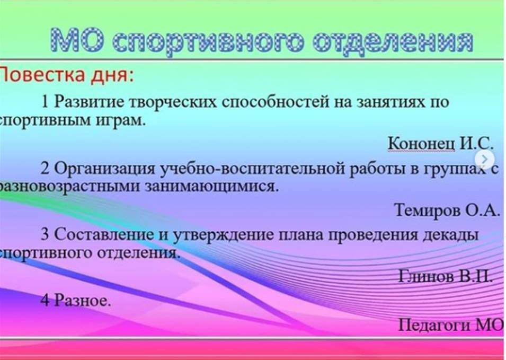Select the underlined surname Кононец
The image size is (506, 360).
[421, 143]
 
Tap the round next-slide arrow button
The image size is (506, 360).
[484, 159]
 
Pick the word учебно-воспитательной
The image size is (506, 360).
[252, 169]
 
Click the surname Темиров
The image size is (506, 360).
[427, 210]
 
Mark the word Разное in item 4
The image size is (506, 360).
[82, 300]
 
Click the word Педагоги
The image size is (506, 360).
[434, 325]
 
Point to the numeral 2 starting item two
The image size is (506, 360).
[45, 169]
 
